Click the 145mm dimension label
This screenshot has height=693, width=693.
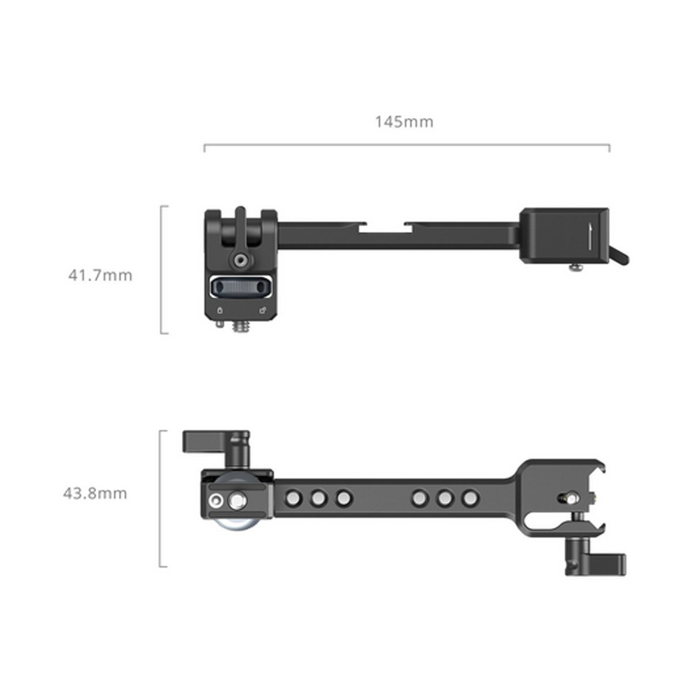pos(404,122)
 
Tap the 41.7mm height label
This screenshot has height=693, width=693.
pos(100,275)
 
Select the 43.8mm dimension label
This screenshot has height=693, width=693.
pos(95,494)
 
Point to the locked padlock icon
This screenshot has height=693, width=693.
pos(219,311)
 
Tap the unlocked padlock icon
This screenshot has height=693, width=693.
pos(263,311)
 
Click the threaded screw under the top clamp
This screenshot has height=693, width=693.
pos(239,328)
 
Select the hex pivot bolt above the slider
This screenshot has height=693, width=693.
pos(239,261)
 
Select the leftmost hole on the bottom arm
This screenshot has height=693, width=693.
pos(293,498)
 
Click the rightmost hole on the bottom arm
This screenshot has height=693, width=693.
pos(471,498)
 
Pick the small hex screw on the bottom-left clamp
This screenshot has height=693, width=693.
pos(217,500)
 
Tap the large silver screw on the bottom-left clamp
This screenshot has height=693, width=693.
pos(236,501)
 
